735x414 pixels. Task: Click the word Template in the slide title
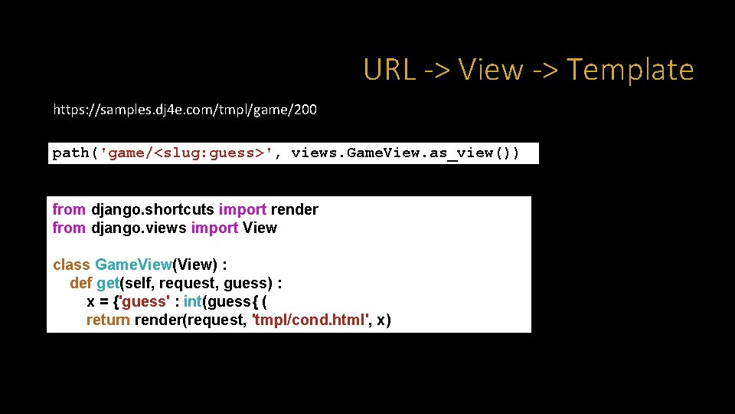pyautogui.click(x=630, y=70)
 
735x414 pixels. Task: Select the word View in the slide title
pyautogui.click(x=491, y=70)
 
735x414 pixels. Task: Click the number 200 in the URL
pyautogui.click(x=304, y=110)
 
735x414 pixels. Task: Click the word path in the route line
pyautogui.click(x=70, y=153)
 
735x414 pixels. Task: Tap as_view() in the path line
pyautogui.click(x=474, y=153)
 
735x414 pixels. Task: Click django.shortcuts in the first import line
pyautogui.click(x=153, y=209)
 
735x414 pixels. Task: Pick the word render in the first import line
pyautogui.click(x=295, y=209)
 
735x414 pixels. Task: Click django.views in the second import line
pyautogui.click(x=139, y=228)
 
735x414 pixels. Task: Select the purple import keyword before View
pyautogui.click(x=214, y=228)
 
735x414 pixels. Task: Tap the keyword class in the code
pyautogui.click(x=71, y=264)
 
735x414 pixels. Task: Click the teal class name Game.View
pyautogui.click(x=133, y=264)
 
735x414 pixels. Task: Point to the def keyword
pyautogui.click(x=80, y=283)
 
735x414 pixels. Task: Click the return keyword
pyautogui.click(x=108, y=320)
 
